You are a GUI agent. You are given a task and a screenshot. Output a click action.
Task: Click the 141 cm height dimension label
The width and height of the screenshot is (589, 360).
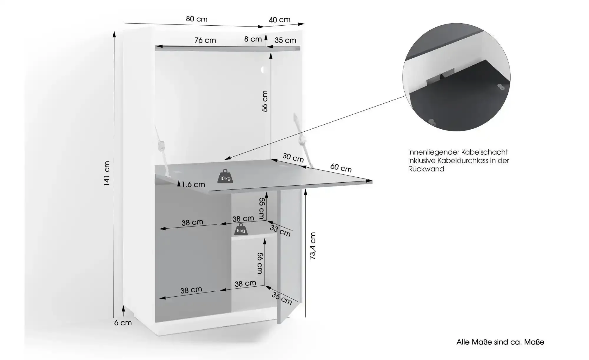[x=107, y=173]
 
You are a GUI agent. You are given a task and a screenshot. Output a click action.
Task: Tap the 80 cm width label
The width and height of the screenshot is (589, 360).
[x=197, y=19]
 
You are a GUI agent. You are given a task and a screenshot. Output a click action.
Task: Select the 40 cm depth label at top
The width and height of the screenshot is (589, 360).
[x=279, y=20]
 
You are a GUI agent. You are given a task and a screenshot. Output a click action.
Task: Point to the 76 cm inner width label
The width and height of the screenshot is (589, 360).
[x=205, y=40]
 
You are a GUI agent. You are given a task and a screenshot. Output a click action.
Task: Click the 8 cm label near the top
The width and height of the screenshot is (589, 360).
[x=253, y=39]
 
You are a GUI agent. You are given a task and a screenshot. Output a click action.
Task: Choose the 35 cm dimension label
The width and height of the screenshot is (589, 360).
[x=285, y=40]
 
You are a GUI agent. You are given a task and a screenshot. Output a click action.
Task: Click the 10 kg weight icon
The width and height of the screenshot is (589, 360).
[x=225, y=176]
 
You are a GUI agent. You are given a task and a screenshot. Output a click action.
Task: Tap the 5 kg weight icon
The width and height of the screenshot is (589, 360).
[x=241, y=229]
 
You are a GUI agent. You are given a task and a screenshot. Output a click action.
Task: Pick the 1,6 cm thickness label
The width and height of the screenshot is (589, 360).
[x=193, y=185]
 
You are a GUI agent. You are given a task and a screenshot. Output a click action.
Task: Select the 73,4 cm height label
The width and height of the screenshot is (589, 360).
[x=312, y=246]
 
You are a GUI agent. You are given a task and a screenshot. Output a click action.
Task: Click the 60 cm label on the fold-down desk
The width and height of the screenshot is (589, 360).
[x=341, y=168]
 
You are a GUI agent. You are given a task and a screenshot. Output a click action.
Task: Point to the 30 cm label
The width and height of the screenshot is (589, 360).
[x=293, y=158]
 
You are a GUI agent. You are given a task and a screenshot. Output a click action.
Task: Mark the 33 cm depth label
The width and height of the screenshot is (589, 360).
[x=280, y=231]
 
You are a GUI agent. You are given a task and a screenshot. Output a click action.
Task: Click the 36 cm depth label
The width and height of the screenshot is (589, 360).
[x=282, y=298]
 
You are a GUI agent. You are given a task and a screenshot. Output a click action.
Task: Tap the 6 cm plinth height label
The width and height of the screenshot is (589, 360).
[x=123, y=323]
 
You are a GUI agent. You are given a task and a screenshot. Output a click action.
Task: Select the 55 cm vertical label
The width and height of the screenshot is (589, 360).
[x=262, y=208]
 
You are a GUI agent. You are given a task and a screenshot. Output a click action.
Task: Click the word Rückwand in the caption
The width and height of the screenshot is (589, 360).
[x=426, y=169]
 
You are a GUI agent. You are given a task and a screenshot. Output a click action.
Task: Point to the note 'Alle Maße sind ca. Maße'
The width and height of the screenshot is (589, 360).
[x=500, y=342]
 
